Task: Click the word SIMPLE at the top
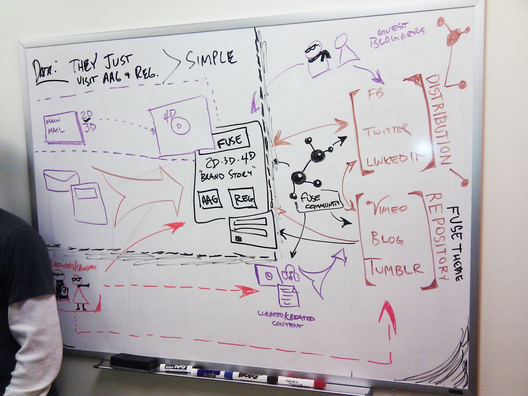point(211,58)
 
